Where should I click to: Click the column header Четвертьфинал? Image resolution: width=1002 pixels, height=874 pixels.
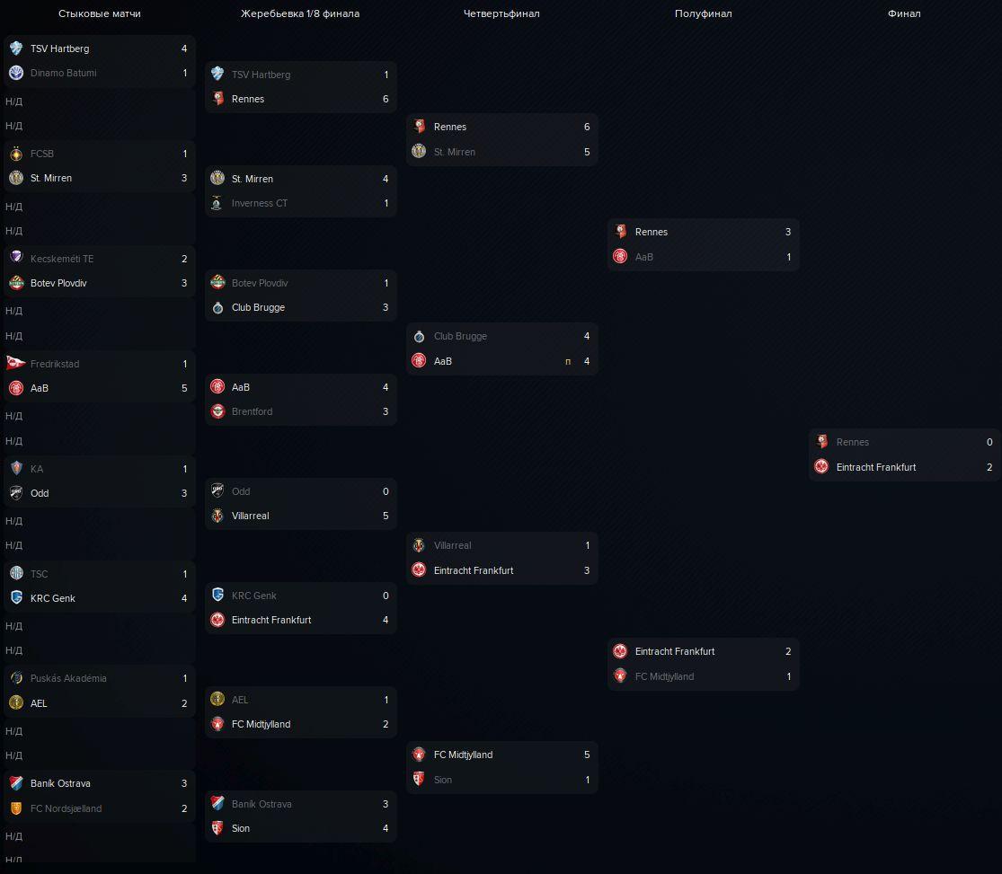[x=501, y=13]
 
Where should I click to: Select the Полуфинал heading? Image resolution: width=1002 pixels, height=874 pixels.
[x=703, y=13]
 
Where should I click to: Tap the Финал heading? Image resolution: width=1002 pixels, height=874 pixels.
[x=904, y=13]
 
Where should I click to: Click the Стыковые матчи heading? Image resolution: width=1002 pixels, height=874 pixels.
[x=100, y=13]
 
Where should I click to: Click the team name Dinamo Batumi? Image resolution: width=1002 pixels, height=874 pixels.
[x=63, y=73]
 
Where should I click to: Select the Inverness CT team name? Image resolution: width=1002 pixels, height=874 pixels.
[x=260, y=203]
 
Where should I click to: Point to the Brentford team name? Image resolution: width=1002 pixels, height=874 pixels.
[x=252, y=411]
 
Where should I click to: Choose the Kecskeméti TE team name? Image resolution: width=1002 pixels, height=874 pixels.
[x=62, y=259]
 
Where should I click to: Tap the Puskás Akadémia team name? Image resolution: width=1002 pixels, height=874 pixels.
[x=68, y=678]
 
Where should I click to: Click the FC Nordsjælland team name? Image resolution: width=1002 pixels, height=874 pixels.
[x=66, y=808]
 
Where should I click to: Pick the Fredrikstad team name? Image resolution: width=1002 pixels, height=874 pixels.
[x=55, y=364]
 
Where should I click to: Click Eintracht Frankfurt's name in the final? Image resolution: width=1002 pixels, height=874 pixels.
[x=876, y=467]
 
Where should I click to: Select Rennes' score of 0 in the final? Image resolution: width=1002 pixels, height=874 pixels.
[x=989, y=442]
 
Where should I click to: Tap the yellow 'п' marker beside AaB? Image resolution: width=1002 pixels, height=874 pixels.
[x=568, y=361]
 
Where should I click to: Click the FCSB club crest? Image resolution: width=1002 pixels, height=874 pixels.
[x=16, y=154]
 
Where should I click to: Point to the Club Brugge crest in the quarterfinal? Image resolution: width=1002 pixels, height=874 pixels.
[x=419, y=336]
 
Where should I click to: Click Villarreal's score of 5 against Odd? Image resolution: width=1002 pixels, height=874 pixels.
[x=386, y=516]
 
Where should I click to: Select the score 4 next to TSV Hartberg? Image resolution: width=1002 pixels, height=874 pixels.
[x=184, y=49]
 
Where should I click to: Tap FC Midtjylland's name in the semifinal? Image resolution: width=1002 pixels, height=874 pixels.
[x=664, y=676]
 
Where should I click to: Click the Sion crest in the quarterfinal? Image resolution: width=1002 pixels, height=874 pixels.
[x=419, y=780]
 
